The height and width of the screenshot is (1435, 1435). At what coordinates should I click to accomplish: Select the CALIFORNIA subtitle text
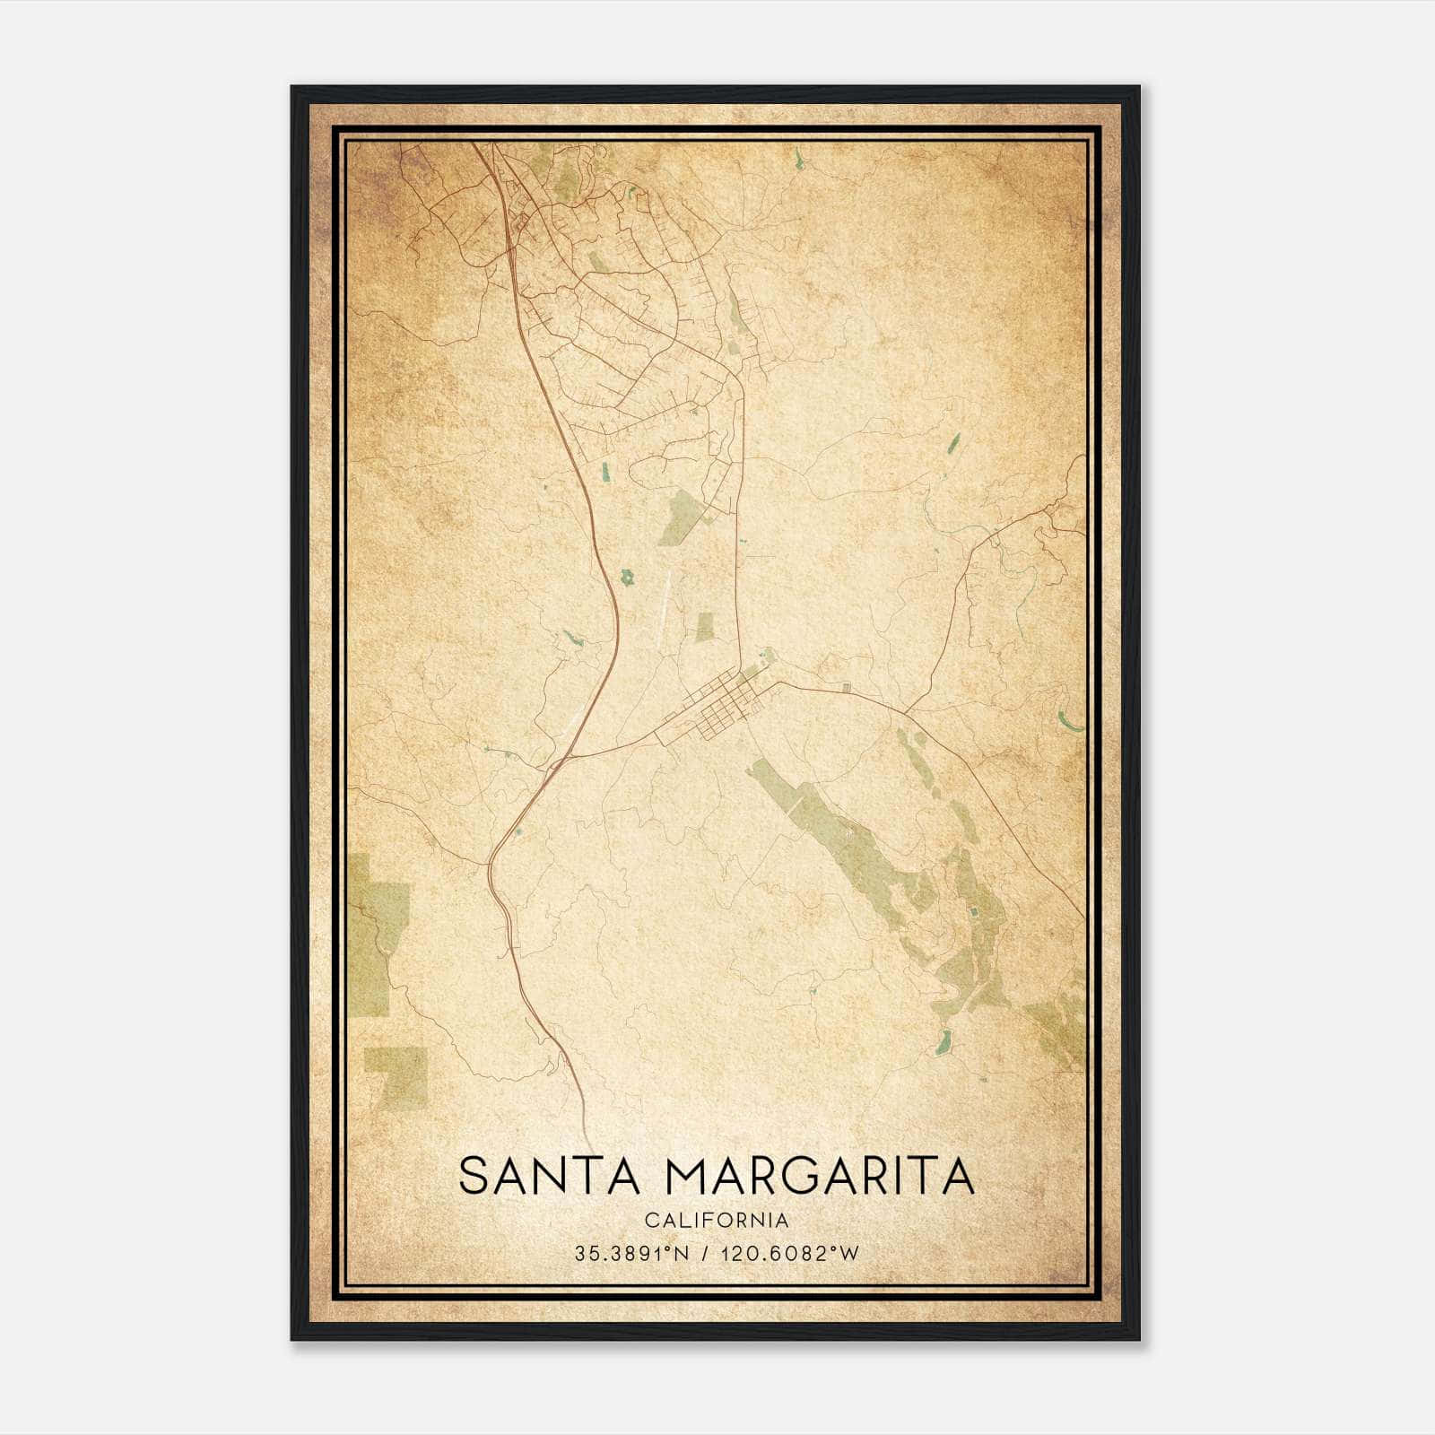pos(717,1221)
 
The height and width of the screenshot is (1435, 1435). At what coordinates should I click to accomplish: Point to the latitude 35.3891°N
pos(632,1254)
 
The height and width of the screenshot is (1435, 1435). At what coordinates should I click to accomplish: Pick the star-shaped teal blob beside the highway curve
pos(630,578)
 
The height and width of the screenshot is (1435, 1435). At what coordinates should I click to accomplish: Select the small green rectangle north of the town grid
pos(706,627)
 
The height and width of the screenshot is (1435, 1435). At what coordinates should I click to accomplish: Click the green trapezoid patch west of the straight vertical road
pos(680,518)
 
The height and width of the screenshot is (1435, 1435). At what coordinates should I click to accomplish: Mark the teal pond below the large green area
pos(943,1042)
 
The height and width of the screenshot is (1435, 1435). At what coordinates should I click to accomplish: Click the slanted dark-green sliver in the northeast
pos(953,442)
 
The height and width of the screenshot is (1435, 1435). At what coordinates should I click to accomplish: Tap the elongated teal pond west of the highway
pos(571,639)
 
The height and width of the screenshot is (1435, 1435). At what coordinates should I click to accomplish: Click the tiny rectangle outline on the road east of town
pos(847,688)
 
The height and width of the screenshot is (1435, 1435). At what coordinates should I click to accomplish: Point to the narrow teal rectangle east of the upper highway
pos(604,470)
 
